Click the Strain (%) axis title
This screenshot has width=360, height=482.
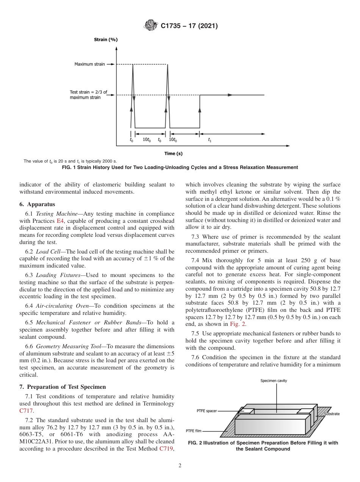[x=106, y=39]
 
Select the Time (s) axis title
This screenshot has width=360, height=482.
[x=173, y=153]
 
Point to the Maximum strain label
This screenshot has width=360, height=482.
[x=89, y=64]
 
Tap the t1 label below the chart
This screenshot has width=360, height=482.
[x=210, y=140]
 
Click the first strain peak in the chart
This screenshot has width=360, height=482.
[x=133, y=65]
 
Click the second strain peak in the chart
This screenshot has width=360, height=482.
[x=167, y=65]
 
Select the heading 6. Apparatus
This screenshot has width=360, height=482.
[x=37, y=204]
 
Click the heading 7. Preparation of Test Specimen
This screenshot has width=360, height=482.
[x=63, y=387]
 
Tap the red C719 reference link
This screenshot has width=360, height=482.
[x=166, y=449]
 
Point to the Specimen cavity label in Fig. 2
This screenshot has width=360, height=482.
[x=276, y=380]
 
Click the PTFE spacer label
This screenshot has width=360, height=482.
[x=207, y=411]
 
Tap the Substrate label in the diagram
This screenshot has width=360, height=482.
[x=332, y=414]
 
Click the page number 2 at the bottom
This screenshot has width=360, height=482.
[x=180, y=466]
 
